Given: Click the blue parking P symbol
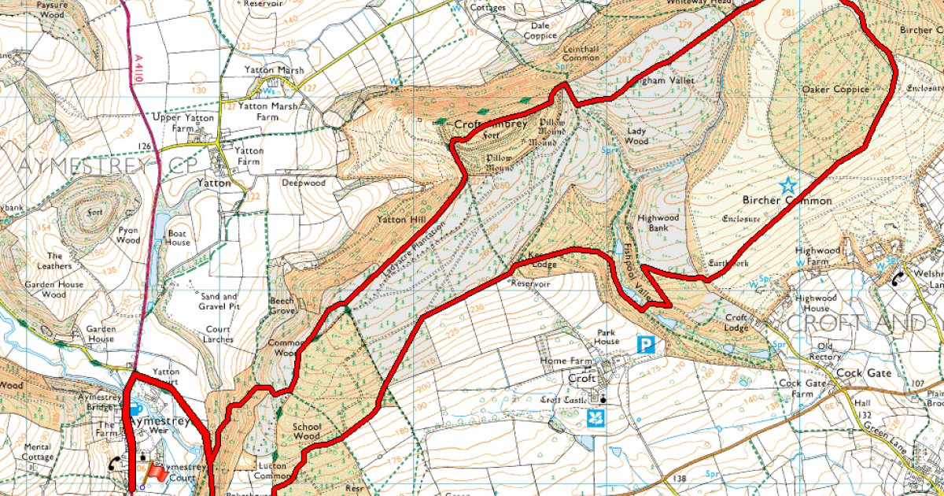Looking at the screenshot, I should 646,345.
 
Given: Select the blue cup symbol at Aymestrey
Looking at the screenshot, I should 135,409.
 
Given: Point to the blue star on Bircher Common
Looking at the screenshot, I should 787,186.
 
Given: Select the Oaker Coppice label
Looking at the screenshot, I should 835,90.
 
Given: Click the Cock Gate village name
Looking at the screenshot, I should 864,372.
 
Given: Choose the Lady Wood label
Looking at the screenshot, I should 636,135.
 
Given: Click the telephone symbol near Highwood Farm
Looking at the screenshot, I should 898,277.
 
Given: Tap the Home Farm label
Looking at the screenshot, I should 565,361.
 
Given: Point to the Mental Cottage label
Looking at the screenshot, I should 38,451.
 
